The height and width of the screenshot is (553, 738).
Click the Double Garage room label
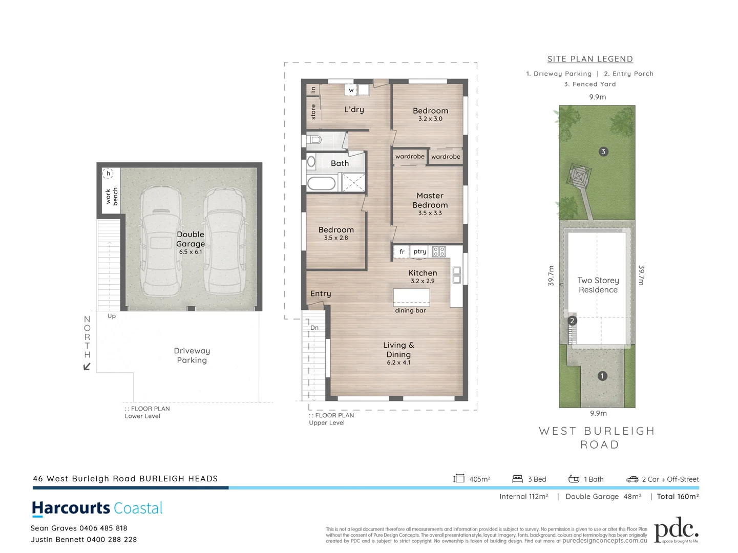(x=191, y=240)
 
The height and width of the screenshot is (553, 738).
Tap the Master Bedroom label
(x=430, y=201)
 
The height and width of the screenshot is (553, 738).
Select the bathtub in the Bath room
(x=322, y=183)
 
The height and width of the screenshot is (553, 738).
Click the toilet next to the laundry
(x=313, y=139)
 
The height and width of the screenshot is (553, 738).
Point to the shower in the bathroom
(x=353, y=183)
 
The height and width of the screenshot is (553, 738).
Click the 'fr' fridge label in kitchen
(x=402, y=251)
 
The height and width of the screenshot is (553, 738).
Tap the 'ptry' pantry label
(x=420, y=251)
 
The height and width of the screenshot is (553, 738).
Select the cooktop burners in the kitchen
(x=439, y=251)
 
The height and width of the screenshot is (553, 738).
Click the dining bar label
(x=410, y=310)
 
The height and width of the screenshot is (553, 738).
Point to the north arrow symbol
(x=87, y=366)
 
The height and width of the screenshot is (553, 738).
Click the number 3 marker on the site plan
(x=603, y=152)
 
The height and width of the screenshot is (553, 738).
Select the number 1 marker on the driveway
(x=602, y=376)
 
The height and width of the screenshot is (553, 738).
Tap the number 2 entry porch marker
(x=572, y=321)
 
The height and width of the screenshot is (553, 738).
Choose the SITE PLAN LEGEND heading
(x=590, y=59)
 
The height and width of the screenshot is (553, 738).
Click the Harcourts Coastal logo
(x=97, y=508)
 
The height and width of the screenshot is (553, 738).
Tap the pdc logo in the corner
(x=676, y=530)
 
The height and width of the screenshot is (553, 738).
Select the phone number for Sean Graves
(x=103, y=528)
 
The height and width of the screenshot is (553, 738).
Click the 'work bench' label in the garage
(x=112, y=196)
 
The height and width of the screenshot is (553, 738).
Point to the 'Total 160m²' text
(x=678, y=496)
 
